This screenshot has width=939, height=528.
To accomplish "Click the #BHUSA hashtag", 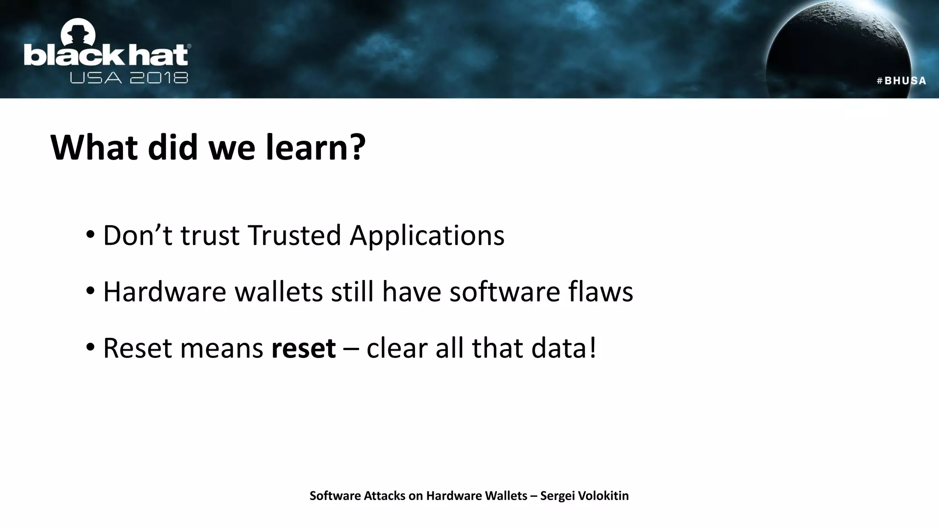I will [901, 81].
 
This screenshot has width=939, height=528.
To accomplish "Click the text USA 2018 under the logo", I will [129, 78].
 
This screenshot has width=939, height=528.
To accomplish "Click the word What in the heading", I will [94, 148].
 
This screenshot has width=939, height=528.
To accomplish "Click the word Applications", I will [426, 236].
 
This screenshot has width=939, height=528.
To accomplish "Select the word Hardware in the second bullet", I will [165, 292].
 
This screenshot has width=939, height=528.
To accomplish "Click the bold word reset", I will [304, 348].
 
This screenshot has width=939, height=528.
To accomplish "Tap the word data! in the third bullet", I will [564, 348].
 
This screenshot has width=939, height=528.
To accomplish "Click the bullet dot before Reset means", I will [90, 347].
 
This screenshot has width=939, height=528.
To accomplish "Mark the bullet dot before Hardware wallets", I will [90, 291].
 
